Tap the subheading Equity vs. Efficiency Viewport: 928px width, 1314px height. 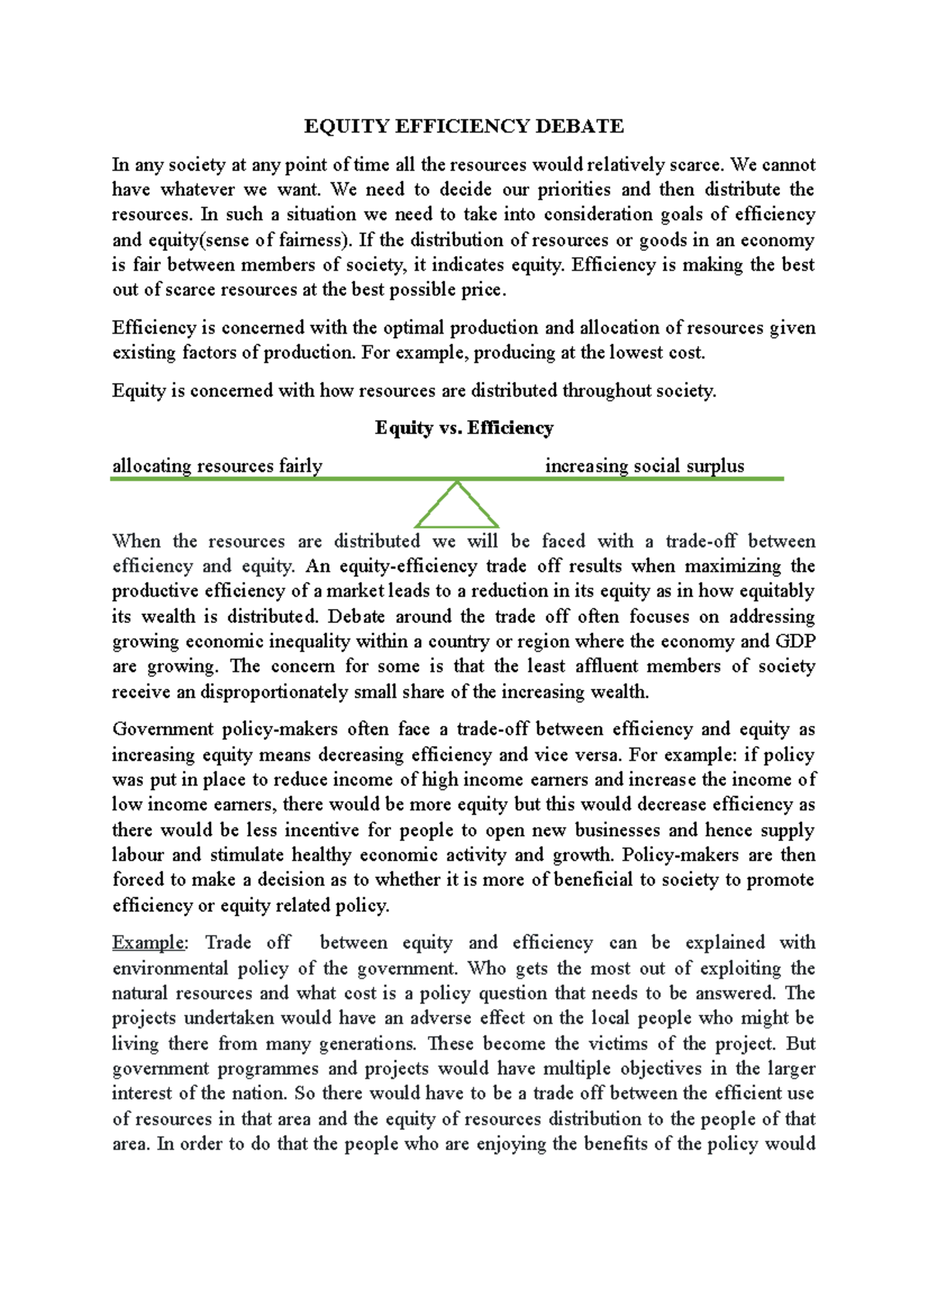[x=464, y=428]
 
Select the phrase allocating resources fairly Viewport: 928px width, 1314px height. [x=217, y=466]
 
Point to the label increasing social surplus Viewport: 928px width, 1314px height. [x=644, y=466]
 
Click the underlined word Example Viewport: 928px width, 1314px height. [x=148, y=943]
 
